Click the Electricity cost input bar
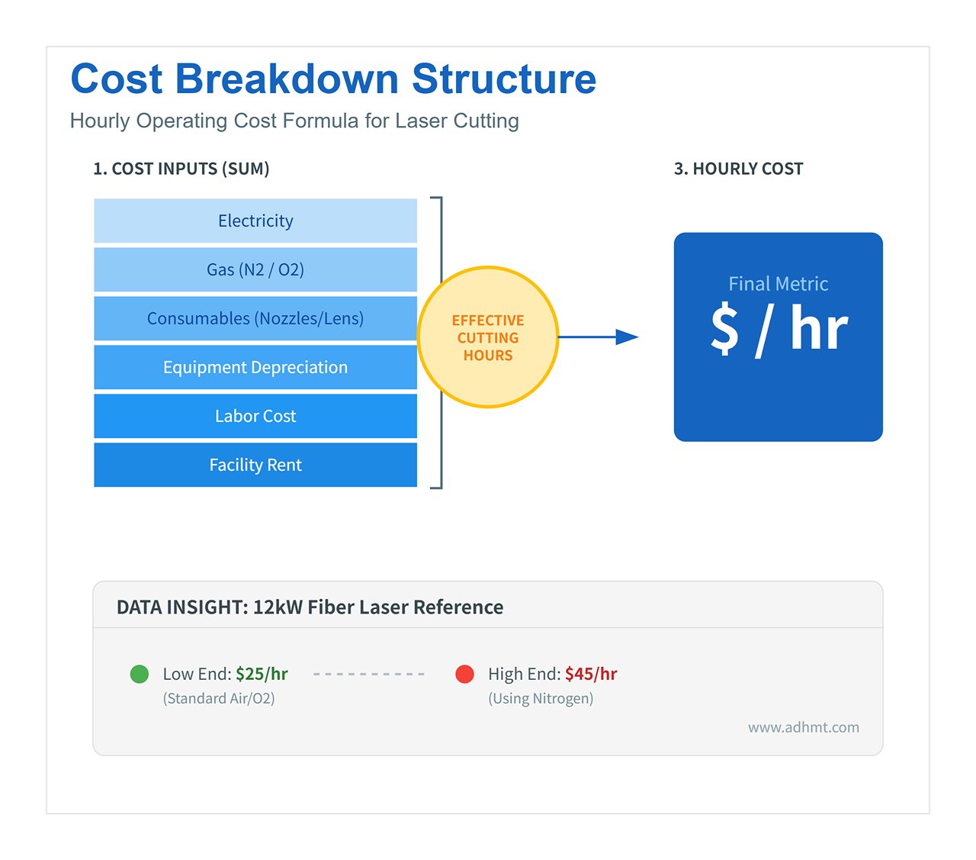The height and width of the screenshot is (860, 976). tap(255, 221)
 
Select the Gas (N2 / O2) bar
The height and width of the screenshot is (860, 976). tap(255, 270)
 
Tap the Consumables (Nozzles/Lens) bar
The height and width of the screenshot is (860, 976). tap(255, 319)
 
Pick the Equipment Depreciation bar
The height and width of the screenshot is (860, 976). tap(255, 368)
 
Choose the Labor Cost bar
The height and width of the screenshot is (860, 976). tap(255, 417)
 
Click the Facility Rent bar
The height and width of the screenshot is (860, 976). tap(255, 465)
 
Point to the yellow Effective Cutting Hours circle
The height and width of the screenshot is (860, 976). tap(488, 337)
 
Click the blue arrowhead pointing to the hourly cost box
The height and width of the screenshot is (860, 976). tap(627, 337)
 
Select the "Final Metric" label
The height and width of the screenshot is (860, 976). tap(778, 284)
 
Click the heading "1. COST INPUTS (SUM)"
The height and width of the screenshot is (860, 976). tap(181, 169)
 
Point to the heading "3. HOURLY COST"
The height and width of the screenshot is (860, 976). tap(738, 169)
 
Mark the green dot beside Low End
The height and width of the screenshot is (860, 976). tap(140, 674)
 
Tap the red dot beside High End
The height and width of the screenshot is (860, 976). tap(464, 674)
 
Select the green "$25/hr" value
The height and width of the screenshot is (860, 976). tap(262, 674)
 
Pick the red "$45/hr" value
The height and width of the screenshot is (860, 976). tap(591, 674)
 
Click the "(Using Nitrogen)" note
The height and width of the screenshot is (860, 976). tap(541, 698)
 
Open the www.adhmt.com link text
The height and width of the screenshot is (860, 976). tap(803, 727)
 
